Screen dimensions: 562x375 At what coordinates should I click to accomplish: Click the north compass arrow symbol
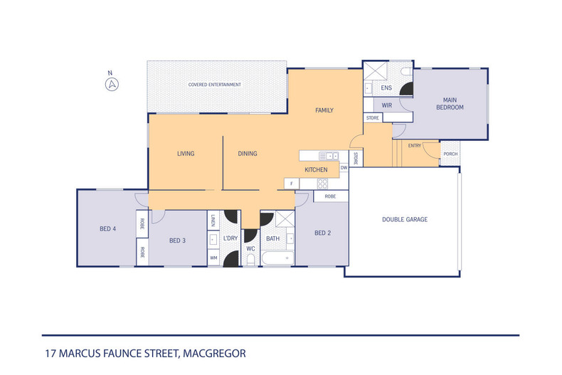click(112, 85)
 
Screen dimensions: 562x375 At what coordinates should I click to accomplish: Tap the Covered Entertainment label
click(215, 85)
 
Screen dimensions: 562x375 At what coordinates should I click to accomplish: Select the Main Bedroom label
click(450, 104)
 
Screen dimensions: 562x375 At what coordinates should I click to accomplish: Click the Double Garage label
click(405, 219)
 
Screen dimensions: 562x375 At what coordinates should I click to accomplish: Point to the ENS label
click(386, 88)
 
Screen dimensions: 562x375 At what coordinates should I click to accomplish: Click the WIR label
click(387, 105)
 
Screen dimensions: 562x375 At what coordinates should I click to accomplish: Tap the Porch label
click(450, 154)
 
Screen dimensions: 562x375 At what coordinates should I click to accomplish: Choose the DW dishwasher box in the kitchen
click(344, 167)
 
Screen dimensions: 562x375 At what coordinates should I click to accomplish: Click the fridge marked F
click(292, 184)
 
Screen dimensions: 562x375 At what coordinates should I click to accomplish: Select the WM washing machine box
click(213, 258)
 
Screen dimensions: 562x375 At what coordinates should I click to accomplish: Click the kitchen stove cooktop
click(322, 184)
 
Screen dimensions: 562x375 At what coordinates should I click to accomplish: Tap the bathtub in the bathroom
click(277, 258)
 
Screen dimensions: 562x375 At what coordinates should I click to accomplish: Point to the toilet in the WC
click(250, 259)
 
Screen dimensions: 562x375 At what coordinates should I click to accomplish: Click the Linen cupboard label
click(213, 221)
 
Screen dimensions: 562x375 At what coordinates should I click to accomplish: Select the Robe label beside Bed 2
click(331, 196)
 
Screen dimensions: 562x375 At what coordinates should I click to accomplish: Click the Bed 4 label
click(107, 228)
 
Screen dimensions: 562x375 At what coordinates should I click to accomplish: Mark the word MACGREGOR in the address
click(214, 354)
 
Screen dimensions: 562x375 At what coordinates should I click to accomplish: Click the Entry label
click(415, 146)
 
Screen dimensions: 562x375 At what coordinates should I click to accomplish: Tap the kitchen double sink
click(329, 156)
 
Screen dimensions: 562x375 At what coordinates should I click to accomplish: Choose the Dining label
click(248, 154)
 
